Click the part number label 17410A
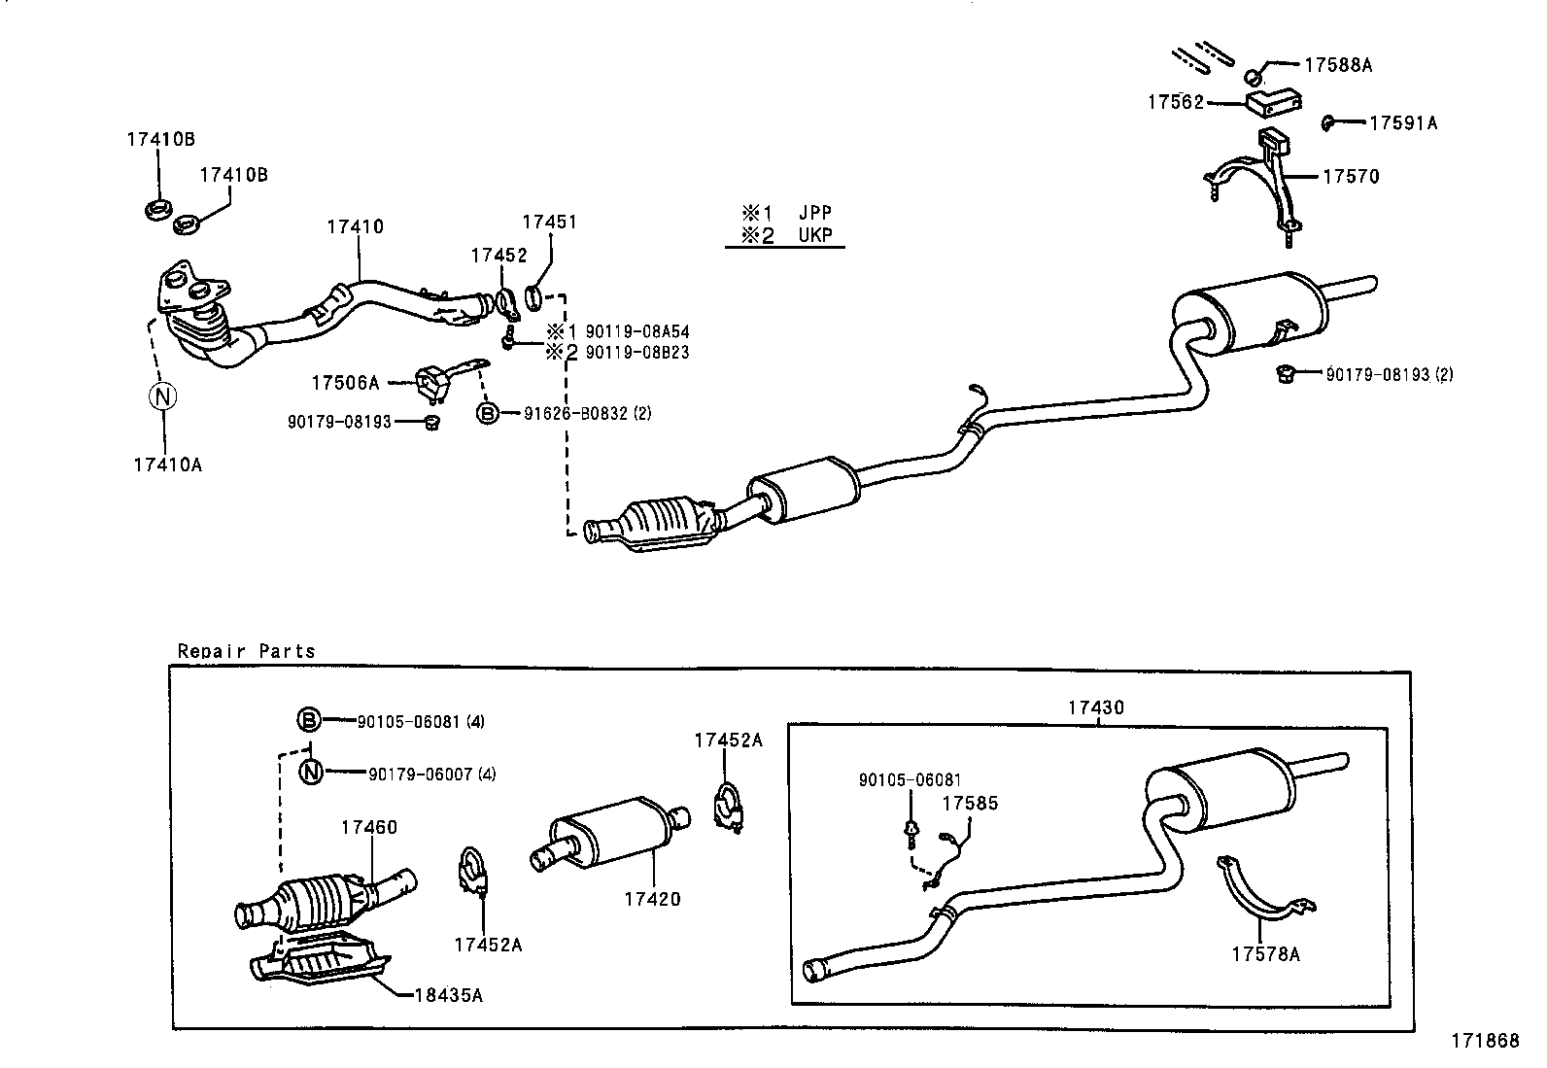click(x=167, y=465)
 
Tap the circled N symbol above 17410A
click(x=162, y=396)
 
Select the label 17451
click(x=549, y=222)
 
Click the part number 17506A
click(x=345, y=383)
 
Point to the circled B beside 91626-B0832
click(x=487, y=414)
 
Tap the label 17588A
click(x=1337, y=65)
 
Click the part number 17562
click(x=1175, y=102)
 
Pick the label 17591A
click(x=1402, y=123)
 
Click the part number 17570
click(x=1350, y=177)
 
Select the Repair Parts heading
click(x=246, y=651)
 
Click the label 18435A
click(x=448, y=995)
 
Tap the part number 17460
click(x=368, y=828)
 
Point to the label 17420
click(x=652, y=899)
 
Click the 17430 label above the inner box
click(x=1095, y=707)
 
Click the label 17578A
click(x=1265, y=954)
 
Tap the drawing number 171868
click(x=1485, y=1041)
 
